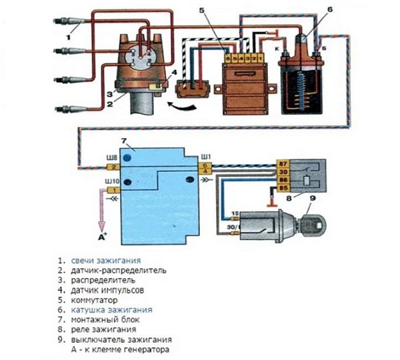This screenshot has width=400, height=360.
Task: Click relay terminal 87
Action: (x=283, y=162)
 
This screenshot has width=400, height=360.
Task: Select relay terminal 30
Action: (x=283, y=171)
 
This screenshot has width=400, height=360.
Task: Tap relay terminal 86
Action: (x=283, y=180)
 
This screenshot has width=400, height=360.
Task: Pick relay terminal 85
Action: (x=283, y=189)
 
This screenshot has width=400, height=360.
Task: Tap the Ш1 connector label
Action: (x=207, y=157)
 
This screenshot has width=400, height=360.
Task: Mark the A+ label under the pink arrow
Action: (x=102, y=237)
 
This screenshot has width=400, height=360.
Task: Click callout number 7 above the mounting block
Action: (x=123, y=141)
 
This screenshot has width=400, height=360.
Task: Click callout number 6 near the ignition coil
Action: (x=310, y=11)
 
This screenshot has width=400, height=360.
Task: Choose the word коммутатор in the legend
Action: (x=99, y=300)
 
